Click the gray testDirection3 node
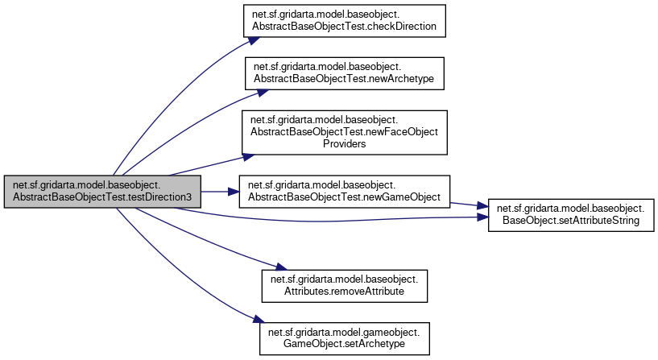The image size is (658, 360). (x=101, y=192)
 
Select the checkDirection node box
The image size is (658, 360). (x=345, y=20)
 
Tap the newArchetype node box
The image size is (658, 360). (x=345, y=74)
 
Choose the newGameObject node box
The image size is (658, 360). (x=345, y=192)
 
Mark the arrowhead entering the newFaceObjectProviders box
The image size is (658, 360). (x=239, y=154)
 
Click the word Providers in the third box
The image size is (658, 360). (x=345, y=143)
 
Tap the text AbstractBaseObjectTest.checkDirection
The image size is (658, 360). (x=345, y=26)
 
